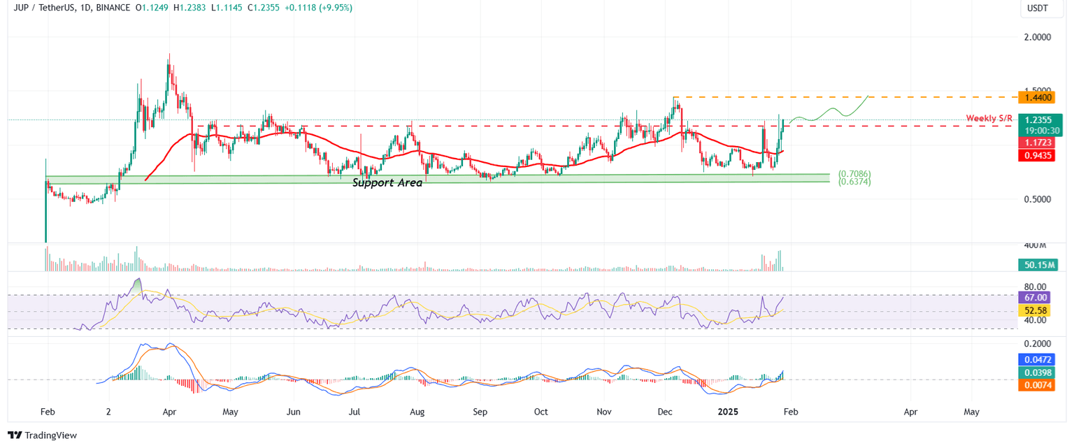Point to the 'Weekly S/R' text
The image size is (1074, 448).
click(989, 118)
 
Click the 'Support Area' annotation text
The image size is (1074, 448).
click(387, 182)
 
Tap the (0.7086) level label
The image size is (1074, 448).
click(854, 173)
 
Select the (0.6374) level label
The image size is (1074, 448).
click(854, 182)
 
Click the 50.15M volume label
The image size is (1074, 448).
click(1038, 265)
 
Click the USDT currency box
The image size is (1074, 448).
click(1038, 8)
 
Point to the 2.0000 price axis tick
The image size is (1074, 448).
click(1038, 37)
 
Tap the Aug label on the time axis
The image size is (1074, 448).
click(418, 412)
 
